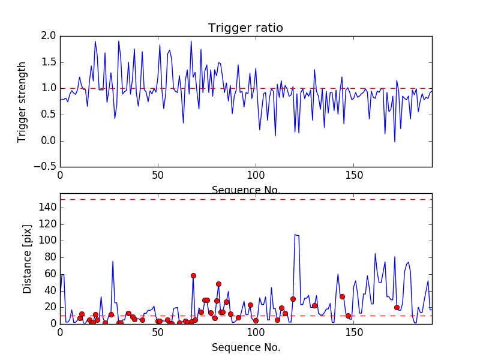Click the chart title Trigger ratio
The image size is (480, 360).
[x=245, y=28]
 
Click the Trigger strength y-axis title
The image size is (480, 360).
[x=22, y=101]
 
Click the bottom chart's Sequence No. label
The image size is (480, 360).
[x=245, y=347]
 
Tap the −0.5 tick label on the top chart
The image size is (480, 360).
[x=44, y=167]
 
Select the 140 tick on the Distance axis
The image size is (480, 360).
[x=46, y=208]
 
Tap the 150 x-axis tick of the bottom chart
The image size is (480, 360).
[x=353, y=332]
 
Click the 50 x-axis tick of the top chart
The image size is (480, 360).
[x=158, y=176]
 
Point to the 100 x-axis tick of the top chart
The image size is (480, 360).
[x=256, y=176]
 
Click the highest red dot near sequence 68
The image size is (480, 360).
[x=193, y=275]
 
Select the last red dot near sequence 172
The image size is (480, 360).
[x=397, y=307]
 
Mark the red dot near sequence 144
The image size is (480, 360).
[x=342, y=296]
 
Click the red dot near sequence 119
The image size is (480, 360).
[x=293, y=299]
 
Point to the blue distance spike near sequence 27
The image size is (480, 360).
[x=113, y=262]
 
